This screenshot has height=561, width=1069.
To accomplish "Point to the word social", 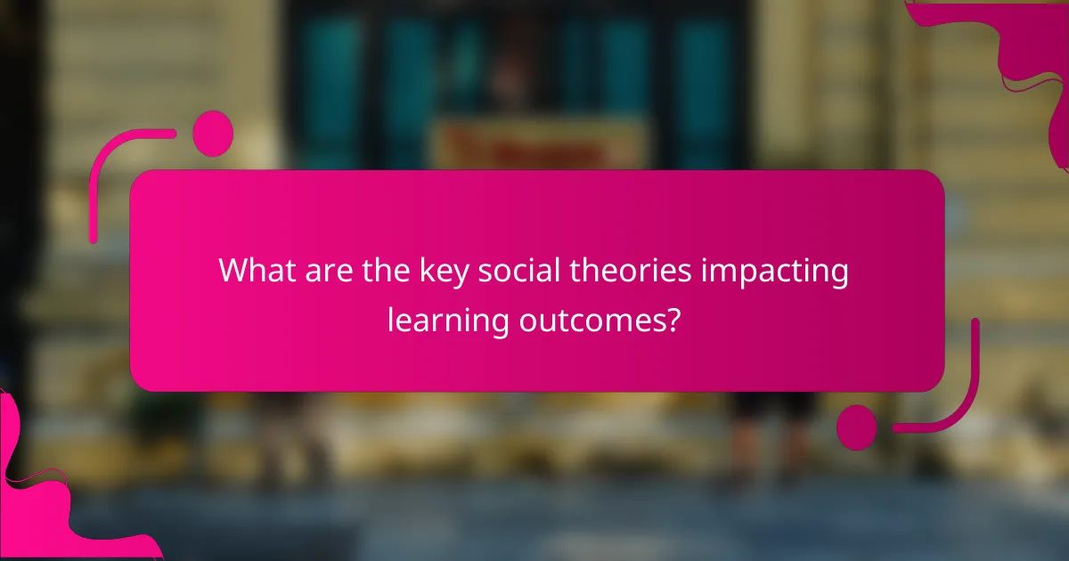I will [x=508, y=271].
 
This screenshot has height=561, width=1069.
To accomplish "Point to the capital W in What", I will [x=234, y=271].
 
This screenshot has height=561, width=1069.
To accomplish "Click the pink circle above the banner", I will [x=213, y=134].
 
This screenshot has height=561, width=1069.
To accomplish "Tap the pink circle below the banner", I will [x=857, y=427].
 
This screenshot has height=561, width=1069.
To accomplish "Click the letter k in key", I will [x=424, y=271].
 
